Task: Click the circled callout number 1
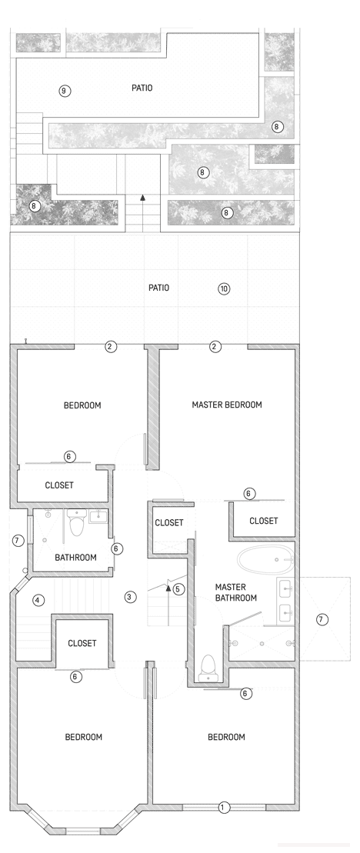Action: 223,808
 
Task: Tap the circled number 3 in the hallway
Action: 131,596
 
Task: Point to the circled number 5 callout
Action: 178,590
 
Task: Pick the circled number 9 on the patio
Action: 65,91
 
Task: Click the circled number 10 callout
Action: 224,289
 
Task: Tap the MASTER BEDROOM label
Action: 227,405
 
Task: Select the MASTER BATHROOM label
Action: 230,592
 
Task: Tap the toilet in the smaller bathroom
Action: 76,526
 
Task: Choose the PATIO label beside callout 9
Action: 142,88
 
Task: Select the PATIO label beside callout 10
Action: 158,288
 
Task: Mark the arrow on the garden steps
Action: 142,198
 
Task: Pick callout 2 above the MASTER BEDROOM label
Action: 215,347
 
